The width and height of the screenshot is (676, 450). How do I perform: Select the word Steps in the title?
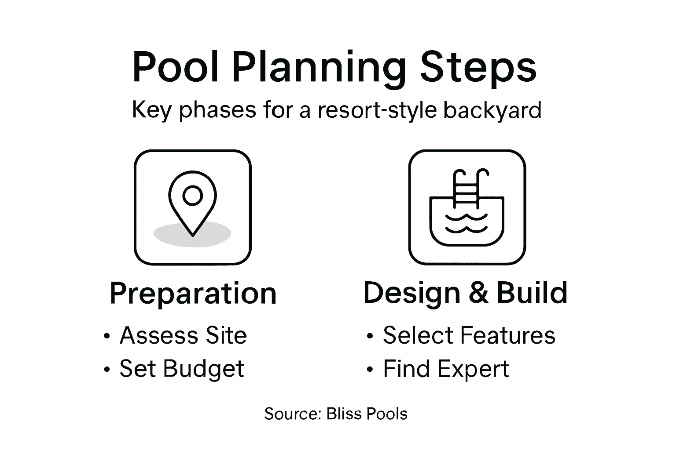click(478, 67)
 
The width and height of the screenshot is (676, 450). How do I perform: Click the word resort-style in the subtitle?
click(377, 110)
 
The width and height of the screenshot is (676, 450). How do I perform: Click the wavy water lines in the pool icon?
click(467, 223)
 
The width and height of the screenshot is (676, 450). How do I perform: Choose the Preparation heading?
click(193, 294)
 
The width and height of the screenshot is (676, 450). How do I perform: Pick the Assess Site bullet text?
click(183, 335)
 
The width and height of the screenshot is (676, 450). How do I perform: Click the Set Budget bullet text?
click(181, 369)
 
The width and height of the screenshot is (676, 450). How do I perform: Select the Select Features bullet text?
click(469, 335)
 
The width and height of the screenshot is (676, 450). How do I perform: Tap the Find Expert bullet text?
click(446, 369)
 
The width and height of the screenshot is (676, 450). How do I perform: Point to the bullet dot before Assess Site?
click(106, 337)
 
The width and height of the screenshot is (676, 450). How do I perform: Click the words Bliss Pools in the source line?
click(367, 414)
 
